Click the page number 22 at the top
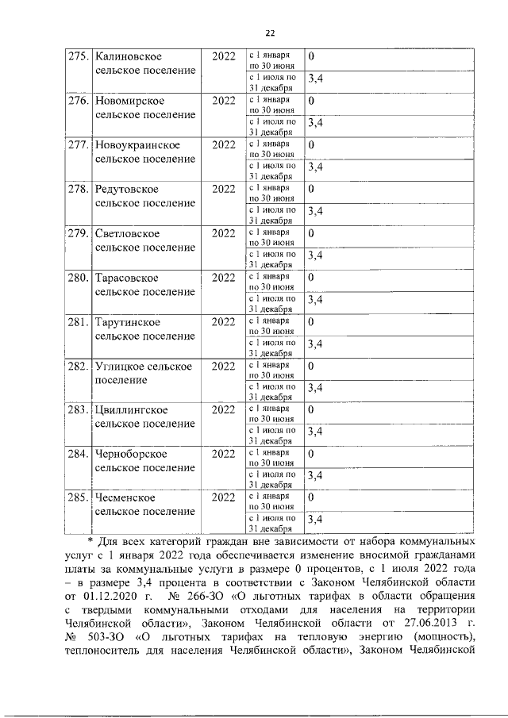[x=269, y=33]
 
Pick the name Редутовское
[x=127, y=190]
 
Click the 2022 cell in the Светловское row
[x=224, y=233]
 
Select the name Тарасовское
[x=126, y=278]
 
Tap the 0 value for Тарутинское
[x=311, y=322]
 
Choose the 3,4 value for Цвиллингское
[x=314, y=431]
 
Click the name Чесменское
[x=125, y=498]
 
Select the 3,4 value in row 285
[x=314, y=519]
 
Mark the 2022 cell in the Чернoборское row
[x=224, y=455]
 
